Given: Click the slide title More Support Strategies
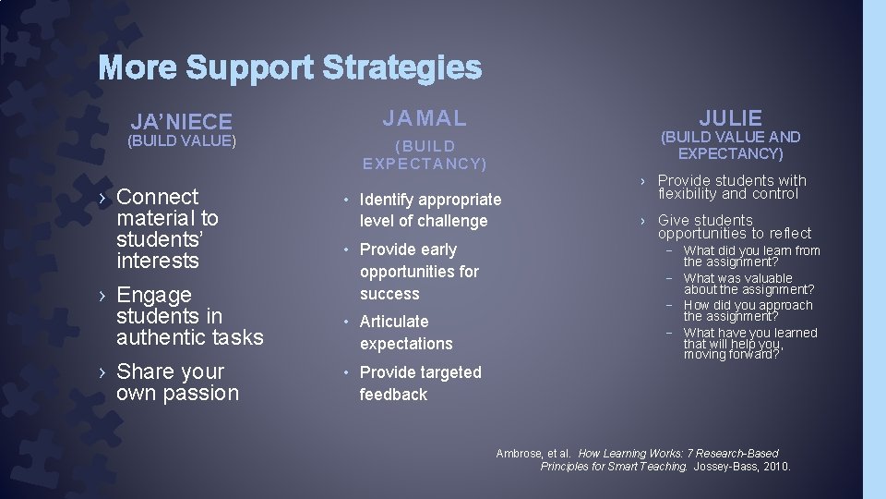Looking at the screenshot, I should pos(290,67).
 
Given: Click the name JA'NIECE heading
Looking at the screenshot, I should pos(181,121).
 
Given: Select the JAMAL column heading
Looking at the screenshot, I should pos(425,117).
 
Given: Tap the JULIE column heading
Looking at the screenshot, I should pos(730,117).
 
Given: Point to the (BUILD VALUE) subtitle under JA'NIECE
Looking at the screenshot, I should pos(182,141).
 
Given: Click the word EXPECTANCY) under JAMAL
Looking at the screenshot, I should pos(425,164).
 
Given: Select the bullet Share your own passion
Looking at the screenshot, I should pos(177,383).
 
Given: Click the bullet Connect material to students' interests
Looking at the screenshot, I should pos(167,228).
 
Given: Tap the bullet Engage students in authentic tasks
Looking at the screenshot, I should pos(189,316).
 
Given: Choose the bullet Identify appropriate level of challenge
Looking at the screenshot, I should pos(430,210).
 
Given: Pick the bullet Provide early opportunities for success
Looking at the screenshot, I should pos(419,272).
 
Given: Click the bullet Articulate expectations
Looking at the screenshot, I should pos(406,333).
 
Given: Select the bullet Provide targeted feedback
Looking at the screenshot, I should pos(420,383).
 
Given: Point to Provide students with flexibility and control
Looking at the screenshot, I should pos(732,188).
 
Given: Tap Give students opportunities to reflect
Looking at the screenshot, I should pos(734,227).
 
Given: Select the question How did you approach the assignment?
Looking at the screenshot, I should pos(748,310).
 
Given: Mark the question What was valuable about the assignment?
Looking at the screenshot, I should pos(748,284).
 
